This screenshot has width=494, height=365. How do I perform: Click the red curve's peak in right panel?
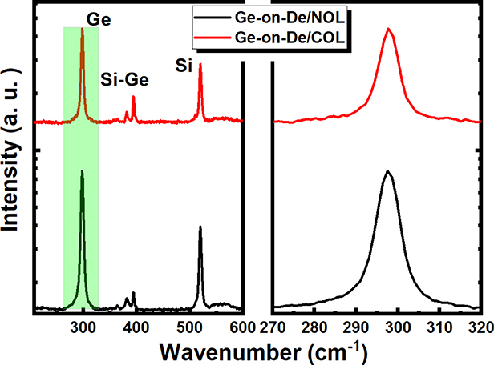pyautogui.click(x=389, y=29)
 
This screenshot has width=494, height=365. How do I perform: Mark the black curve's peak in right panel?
pyautogui.click(x=387, y=170)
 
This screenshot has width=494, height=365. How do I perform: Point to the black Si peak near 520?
pyautogui.click(x=200, y=228)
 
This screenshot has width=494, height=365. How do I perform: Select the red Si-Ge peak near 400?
pyautogui.click(x=133, y=98)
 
